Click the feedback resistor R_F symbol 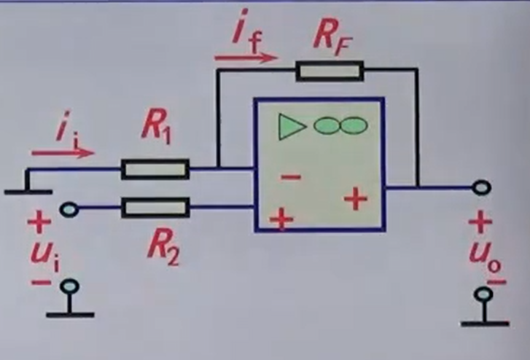330,71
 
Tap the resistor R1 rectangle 155,171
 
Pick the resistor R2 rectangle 155,208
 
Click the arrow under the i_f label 246,58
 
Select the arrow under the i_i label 63,153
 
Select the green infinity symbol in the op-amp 340,125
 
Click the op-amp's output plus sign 356,199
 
